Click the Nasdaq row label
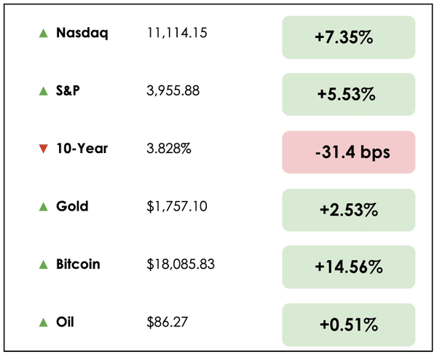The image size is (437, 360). [x=82, y=33]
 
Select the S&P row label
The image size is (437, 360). [x=70, y=90]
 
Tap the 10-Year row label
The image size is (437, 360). [x=82, y=149]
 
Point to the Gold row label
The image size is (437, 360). [x=72, y=206]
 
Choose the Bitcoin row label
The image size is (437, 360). [x=78, y=264]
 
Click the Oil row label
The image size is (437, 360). [x=66, y=321]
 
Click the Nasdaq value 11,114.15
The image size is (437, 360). [x=177, y=33]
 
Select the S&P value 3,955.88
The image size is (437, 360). [x=173, y=90]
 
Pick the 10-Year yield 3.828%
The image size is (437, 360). [x=168, y=149]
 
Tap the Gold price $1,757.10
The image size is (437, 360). [x=176, y=206]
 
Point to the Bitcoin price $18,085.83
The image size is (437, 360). [x=180, y=264]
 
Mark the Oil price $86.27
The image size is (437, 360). [x=165, y=321]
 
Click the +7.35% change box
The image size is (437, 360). [x=348, y=37]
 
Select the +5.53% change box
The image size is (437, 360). [x=348, y=94]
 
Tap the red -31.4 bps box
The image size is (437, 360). [x=348, y=152]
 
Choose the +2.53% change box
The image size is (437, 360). [x=348, y=210]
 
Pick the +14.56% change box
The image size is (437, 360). [x=348, y=267]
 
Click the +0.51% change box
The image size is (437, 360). [x=348, y=324]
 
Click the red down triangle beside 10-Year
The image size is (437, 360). [x=43, y=149]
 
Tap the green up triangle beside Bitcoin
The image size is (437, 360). [x=43, y=264]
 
